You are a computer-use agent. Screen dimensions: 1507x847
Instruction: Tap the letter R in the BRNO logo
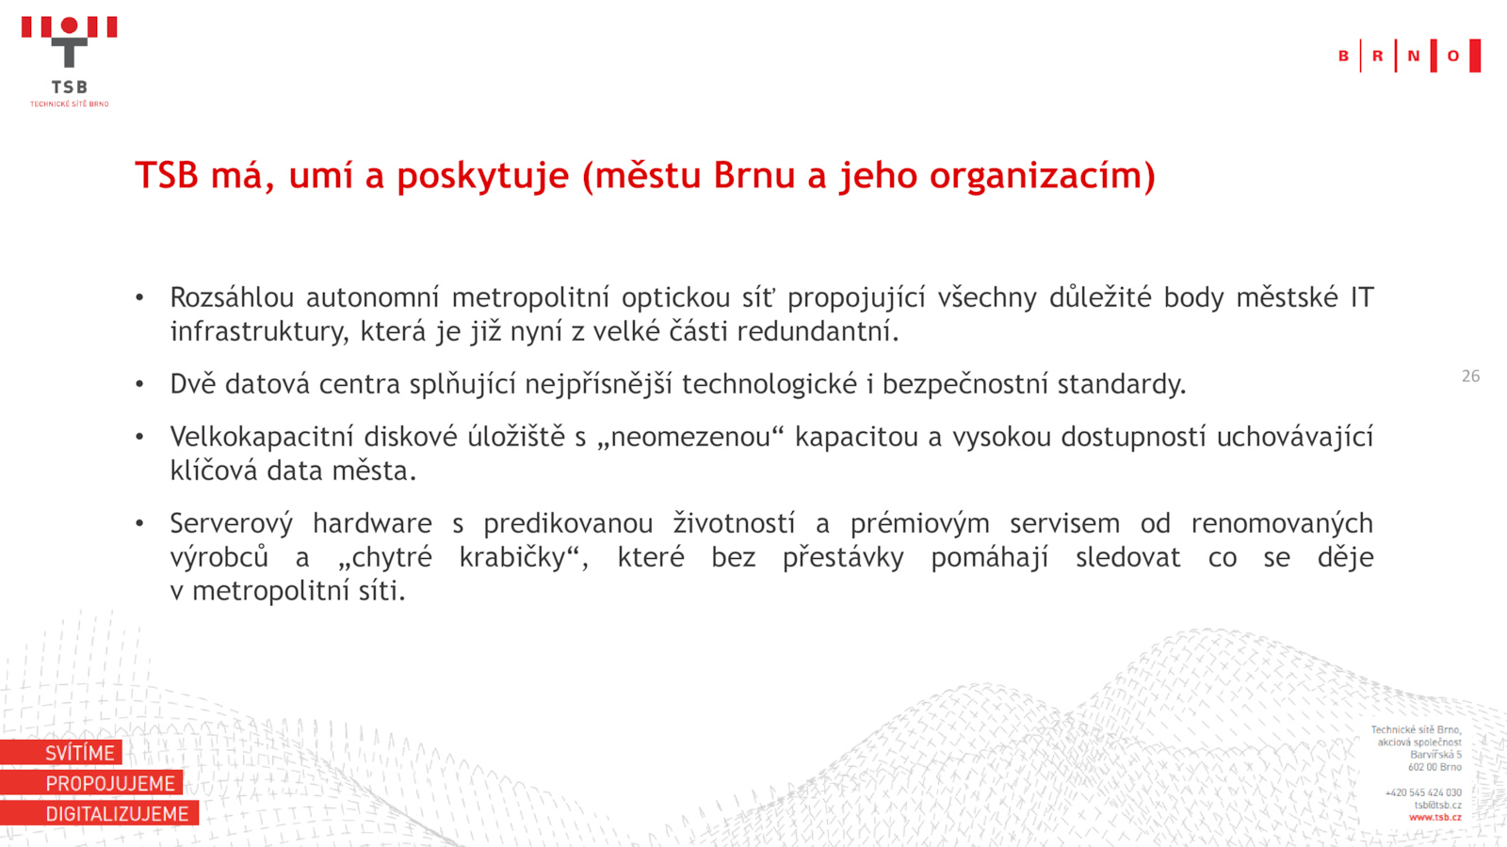pyautogui.click(x=1377, y=56)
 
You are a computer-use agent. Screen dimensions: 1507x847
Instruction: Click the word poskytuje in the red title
pyautogui.click(x=482, y=176)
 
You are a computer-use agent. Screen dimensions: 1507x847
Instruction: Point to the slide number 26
pyautogui.click(x=1470, y=376)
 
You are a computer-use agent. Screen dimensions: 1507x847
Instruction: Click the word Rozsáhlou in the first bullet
pyautogui.click(x=232, y=297)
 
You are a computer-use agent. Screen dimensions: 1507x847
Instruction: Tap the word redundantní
pyautogui.click(x=818, y=331)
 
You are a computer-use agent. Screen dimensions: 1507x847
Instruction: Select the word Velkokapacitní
pyautogui.click(x=262, y=437)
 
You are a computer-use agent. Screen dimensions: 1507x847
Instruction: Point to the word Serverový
pyautogui.click(x=232, y=523)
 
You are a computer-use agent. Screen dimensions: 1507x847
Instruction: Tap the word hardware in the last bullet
pyautogui.click(x=372, y=523)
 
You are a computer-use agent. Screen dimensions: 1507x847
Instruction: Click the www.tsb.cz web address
pyautogui.click(x=1435, y=818)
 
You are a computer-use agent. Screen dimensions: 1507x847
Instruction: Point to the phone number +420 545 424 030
pyautogui.click(x=1423, y=793)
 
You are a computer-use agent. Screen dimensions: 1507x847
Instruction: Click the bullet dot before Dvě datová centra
pyautogui.click(x=140, y=384)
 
